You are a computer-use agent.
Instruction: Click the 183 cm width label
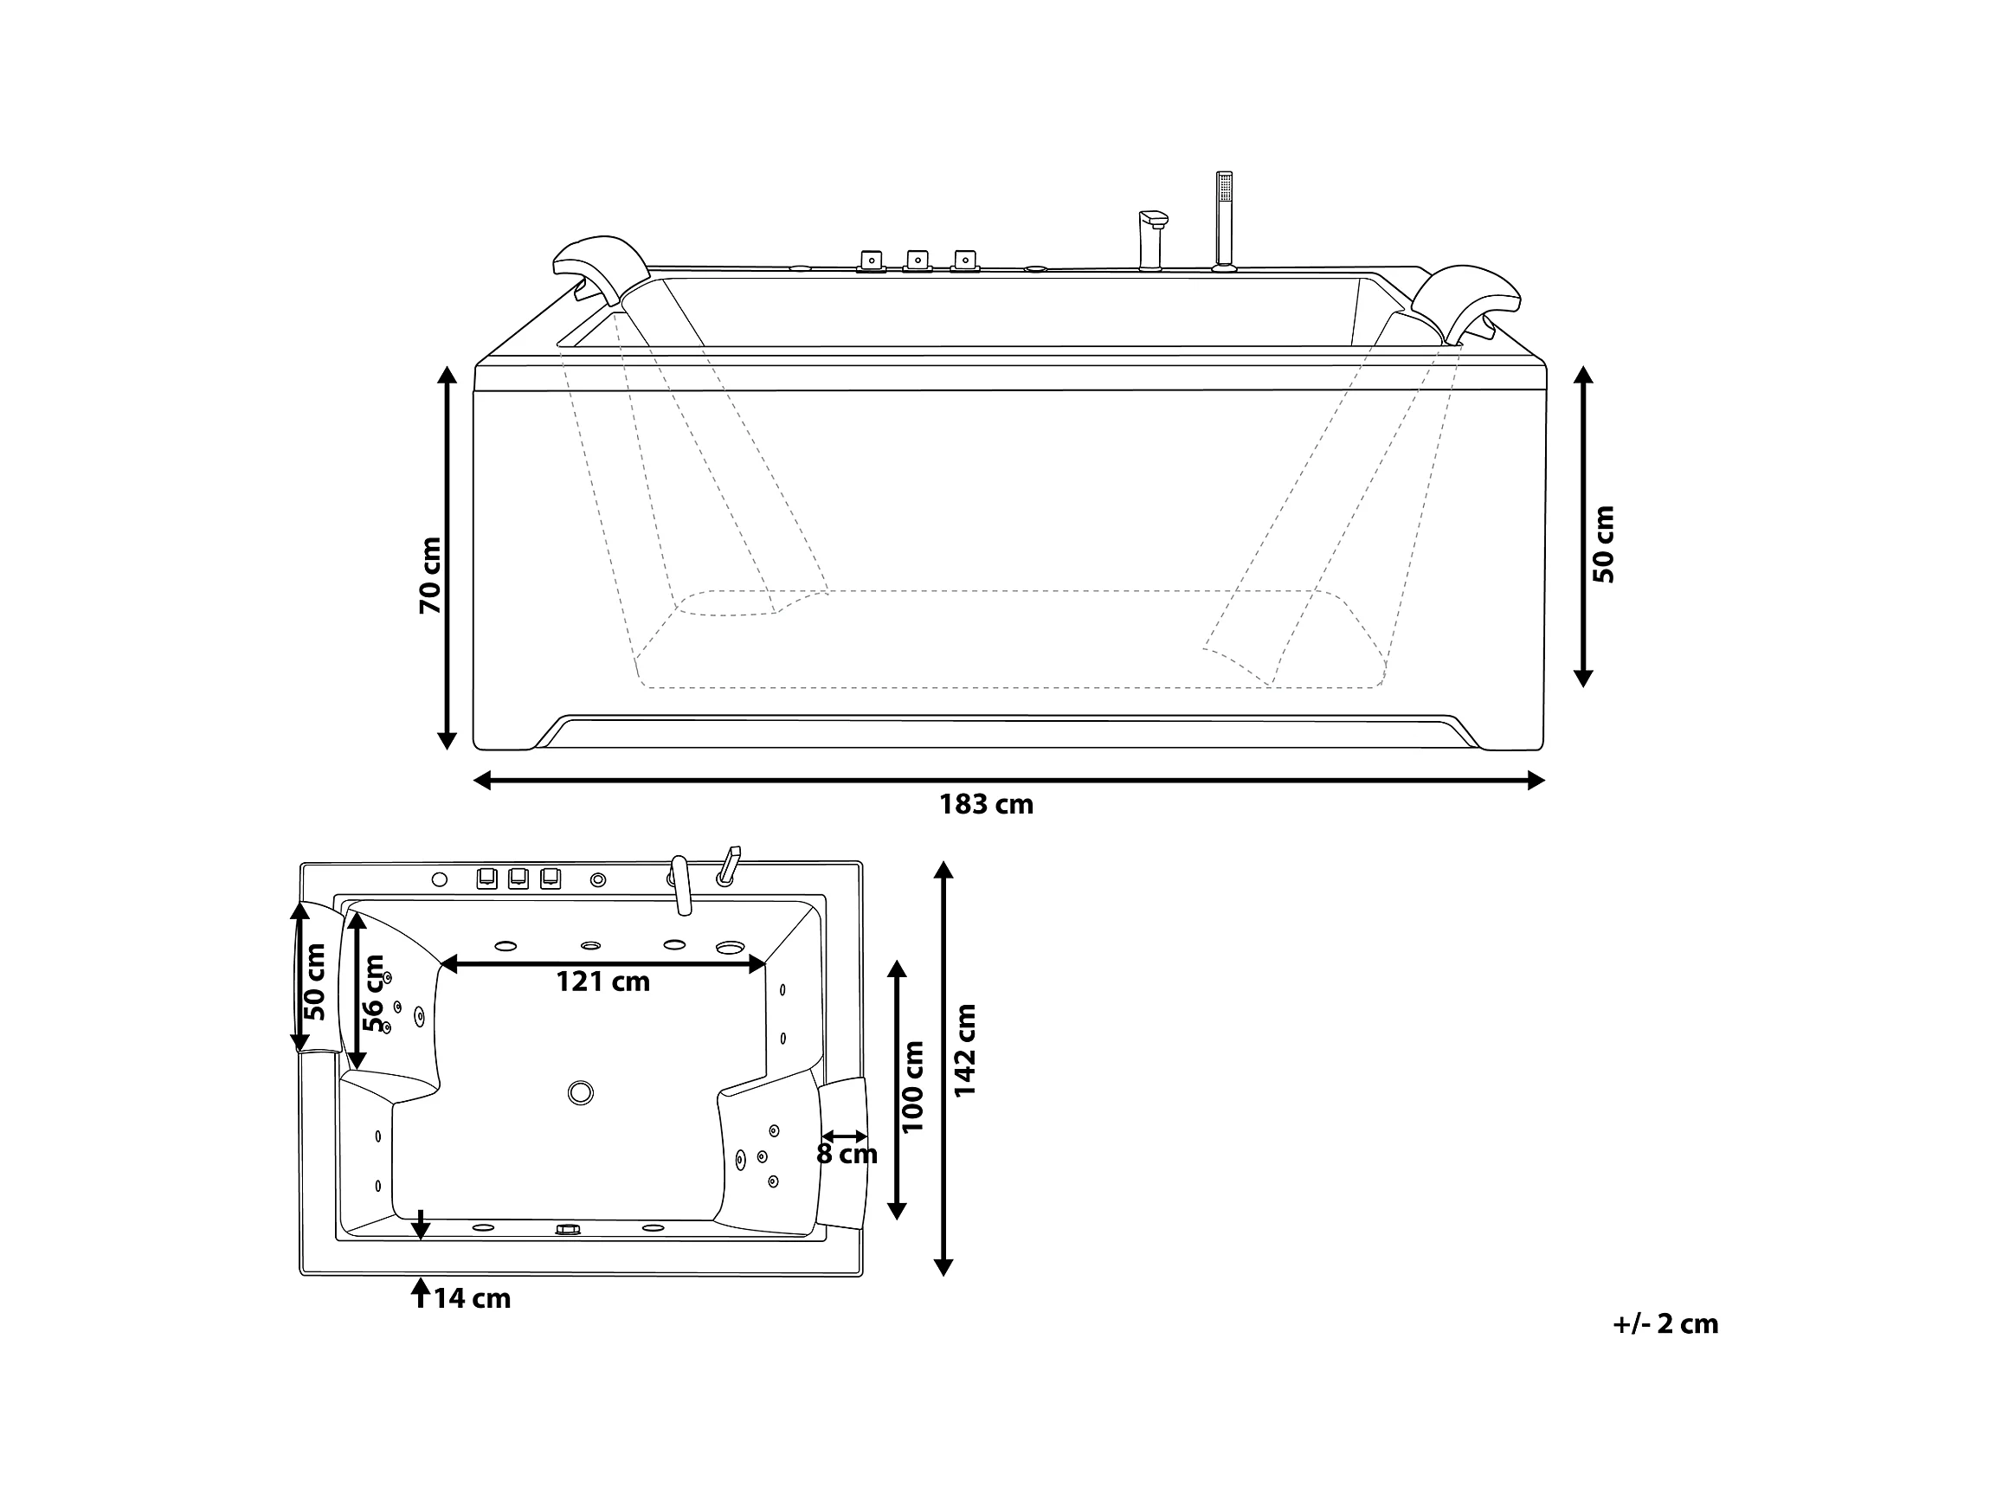[x=987, y=805]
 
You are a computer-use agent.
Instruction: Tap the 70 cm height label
[x=430, y=575]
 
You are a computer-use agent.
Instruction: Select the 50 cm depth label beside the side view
[x=1604, y=544]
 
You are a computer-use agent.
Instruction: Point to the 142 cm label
[x=964, y=1050]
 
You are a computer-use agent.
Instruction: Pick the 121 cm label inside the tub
[x=603, y=981]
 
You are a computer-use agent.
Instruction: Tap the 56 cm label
[x=373, y=993]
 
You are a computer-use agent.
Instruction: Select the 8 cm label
[x=847, y=1155]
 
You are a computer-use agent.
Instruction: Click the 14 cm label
[x=472, y=1299]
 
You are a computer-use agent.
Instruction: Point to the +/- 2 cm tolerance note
[x=1665, y=1323]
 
